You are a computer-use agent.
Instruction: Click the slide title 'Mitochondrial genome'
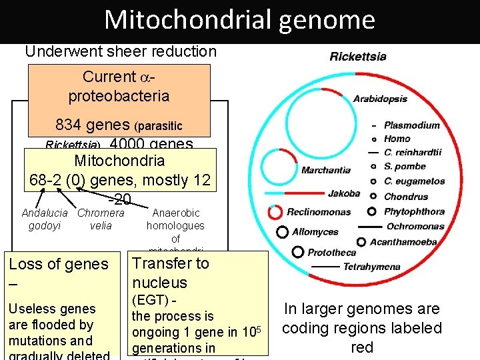tap(239, 20)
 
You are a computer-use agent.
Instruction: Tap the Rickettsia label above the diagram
tap(358, 56)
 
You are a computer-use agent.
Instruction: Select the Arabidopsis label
tap(380, 99)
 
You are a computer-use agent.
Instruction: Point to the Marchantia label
tap(325, 170)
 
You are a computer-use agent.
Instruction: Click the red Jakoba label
tap(344, 193)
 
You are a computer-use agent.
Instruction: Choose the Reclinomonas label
tap(319, 212)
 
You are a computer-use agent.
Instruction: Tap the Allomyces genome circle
tap(283, 232)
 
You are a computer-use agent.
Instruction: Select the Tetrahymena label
tap(372, 267)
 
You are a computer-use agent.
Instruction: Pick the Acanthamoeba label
tap(403, 241)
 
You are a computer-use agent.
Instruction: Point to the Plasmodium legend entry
tap(412, 125)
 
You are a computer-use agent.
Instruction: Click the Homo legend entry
tap(397, 139)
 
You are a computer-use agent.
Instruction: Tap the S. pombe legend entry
tap(405, 166)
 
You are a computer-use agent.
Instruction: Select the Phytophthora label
tap(414, 212)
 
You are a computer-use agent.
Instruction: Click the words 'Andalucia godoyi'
tap(45, 219)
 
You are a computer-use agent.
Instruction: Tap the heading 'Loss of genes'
tap(59, 264)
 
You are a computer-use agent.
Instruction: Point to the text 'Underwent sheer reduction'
tap(121, 51)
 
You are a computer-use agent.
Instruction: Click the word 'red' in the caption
tap(361, 347)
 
